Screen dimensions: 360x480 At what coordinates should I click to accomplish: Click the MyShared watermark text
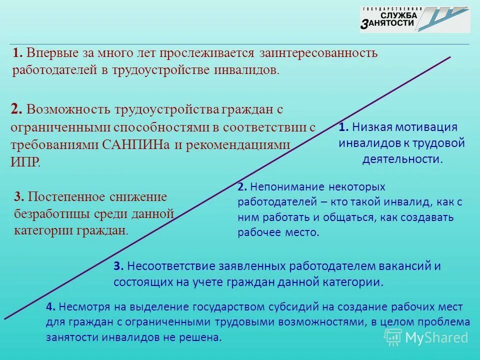(x=436, y=337)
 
